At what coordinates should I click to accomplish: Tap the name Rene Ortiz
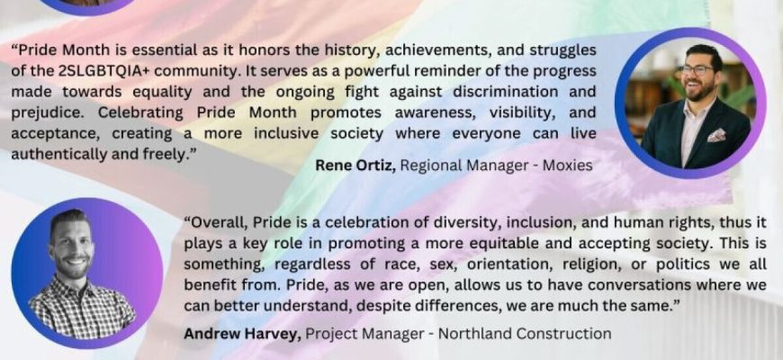point(355,166)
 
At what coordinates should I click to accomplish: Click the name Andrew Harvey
point(242,334)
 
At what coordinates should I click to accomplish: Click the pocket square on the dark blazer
point(716,135)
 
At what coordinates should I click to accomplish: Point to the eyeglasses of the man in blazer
point(697,69)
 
